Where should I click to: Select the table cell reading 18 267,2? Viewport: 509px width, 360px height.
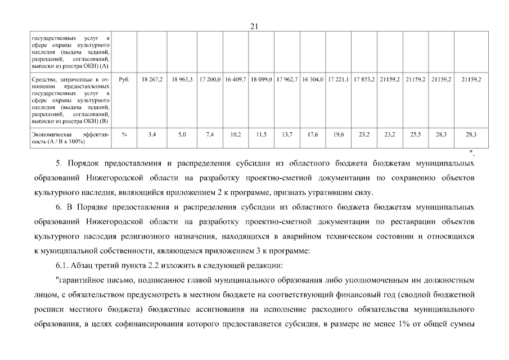(152, 80)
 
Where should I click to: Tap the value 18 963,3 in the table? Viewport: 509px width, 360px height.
(182, 80)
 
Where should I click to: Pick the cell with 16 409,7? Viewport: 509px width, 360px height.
(236, 80)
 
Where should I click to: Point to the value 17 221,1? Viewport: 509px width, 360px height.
(339, 80)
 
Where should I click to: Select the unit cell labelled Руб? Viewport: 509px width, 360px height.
(124, 80)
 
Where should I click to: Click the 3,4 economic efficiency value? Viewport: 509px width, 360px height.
(152, 134)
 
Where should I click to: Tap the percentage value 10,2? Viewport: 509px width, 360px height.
(236, 134)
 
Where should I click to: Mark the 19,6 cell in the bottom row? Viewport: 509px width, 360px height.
(339, 134)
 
